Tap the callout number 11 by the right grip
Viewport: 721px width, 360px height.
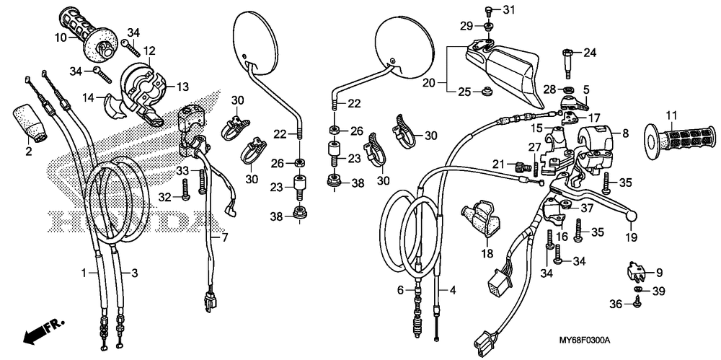pos(671,115)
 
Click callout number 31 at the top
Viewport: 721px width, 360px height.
pos(510,9)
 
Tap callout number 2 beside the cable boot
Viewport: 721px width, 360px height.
pos(29,151)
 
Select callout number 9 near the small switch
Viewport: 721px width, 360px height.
pos(658,272)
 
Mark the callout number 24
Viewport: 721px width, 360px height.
pos(590,53)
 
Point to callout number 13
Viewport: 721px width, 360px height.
pos(182,87)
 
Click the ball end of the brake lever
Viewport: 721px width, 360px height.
pos(632,214)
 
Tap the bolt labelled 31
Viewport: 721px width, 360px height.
pos(488,10)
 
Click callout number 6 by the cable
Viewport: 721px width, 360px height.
pos(399,289)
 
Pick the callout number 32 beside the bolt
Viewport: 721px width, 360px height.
pos(165,197)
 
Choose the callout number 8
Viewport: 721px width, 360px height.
pos(625,133)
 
